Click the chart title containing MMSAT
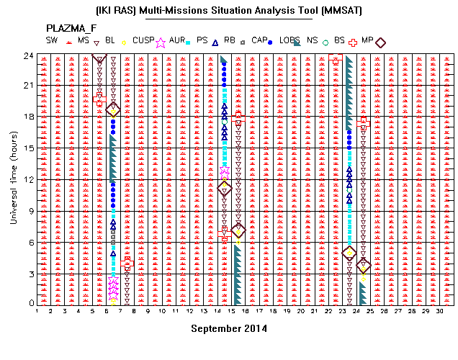click(229, 11)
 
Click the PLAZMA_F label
click(71, 28)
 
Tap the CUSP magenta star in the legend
click(161, 42)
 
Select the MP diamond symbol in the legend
click(380, 42)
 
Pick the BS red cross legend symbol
click(353, 42)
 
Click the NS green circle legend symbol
click(325, 43)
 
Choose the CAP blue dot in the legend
click(270, 42)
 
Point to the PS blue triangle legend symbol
click(215, 43)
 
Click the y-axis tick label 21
click(29, 86)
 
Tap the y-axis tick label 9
click(31, 211)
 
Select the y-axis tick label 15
click(29, 148)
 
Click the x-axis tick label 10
click(162, 311)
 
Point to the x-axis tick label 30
click(439, 311)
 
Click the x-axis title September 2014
click(229, 329)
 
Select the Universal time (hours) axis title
click(14, 178)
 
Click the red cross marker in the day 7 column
click(127, 263)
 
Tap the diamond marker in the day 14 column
click(225, 189)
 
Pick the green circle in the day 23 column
click(349, 190)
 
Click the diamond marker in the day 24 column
click(364, 266)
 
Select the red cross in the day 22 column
click(336, 58)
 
